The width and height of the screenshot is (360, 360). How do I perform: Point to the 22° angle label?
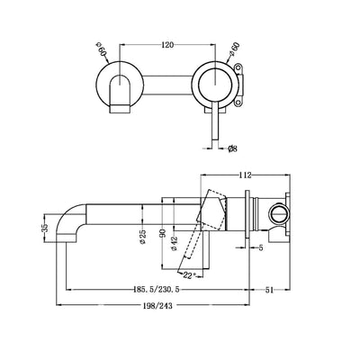click(190, 275)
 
